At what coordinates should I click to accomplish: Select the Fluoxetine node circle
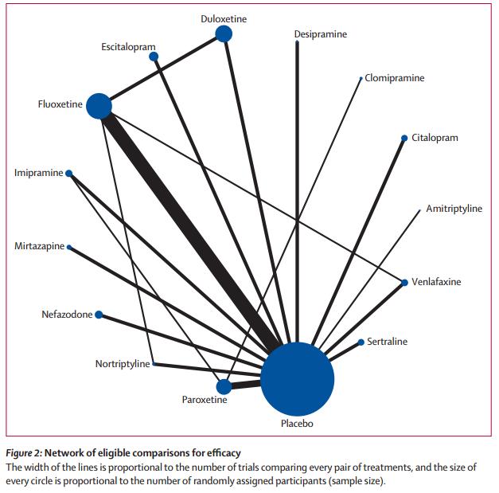point(99,105)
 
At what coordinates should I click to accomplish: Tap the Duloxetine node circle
point(224,33)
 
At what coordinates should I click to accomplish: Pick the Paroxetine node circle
point(224,386)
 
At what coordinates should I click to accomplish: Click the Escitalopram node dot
point(154,57)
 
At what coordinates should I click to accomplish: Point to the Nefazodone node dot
point(99,315)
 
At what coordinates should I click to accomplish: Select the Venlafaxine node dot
point(404,282)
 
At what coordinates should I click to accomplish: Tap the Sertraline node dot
point(361,342)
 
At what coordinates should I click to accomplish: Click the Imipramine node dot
point(69,173)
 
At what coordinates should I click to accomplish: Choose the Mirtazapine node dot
point(69,247)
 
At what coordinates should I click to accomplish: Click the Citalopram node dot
point(405,138)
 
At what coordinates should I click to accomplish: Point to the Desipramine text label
point(320,35)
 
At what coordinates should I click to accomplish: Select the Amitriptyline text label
point(454,209)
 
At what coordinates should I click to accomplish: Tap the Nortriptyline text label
point(123,364)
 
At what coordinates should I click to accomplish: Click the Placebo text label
point(297,424)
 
